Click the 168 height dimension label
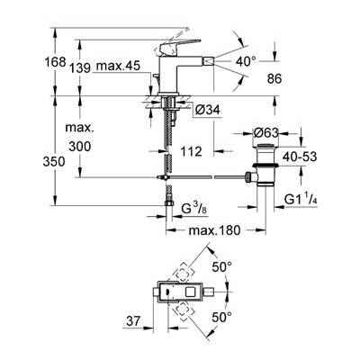click(x=55, y=62)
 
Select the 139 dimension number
click(x=80, y=68)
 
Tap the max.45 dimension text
click(x=118, y=66)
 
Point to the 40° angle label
click(x=246, y=62)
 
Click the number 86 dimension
click(x=274, y=79)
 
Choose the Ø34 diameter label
click(x=207, y=110)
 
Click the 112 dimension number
click(x=191, y=151)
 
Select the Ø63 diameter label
click(x=265, y=132)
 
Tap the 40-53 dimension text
click(x=300, y=157)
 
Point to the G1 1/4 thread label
click(x=301, y=199)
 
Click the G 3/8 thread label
click(x=194, y=208)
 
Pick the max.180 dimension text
click(x=214, y=230)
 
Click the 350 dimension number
click(x=54, y=162)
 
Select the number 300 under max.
click(x=79, y=147)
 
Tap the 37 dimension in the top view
click(x=133, y=321)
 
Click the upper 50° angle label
click(x=221, y=266)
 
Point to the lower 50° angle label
click(x=221, y=317)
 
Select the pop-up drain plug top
click(x=265, y=146)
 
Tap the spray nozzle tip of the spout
click(x=208, y=61)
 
